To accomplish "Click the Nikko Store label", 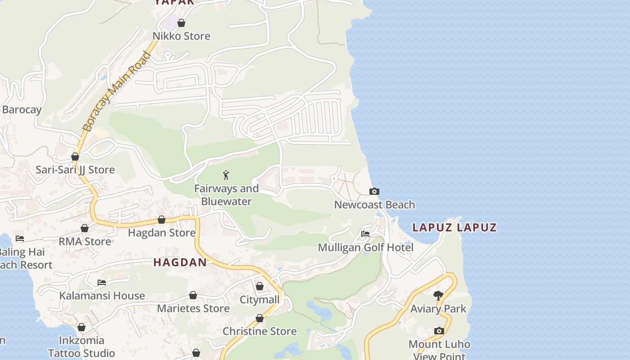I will pos(181,36).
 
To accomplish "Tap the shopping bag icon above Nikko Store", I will pos(181,23).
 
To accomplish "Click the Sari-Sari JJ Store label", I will pos(75,170).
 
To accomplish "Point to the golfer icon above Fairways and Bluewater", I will pos(226,175).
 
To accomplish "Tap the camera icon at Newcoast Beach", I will pos(374,192).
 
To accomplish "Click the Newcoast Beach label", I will pos(374,205).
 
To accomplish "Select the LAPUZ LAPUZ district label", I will pos(454,227).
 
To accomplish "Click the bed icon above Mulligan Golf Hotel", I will pos(365,234).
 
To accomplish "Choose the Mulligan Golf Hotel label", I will pos(365,247).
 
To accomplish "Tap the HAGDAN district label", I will pos(180,262).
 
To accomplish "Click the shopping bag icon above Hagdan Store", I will pos(162,220).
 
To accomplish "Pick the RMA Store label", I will pos(85,242).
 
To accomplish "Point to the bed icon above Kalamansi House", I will pos(102,283).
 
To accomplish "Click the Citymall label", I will pos(260,300).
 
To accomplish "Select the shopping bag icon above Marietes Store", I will pos(193,296).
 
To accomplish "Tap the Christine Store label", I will pos(260,332).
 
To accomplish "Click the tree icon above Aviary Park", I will pos(438,296).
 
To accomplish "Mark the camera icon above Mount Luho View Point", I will pos(439,331).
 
